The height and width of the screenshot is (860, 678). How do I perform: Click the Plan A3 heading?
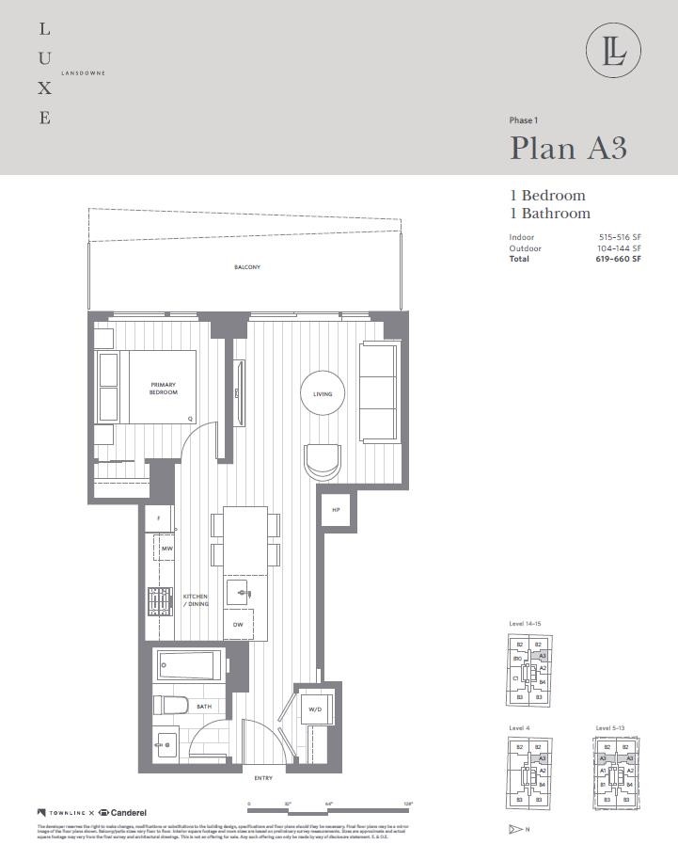point(568,148)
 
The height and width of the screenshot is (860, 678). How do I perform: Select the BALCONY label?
point(247,268)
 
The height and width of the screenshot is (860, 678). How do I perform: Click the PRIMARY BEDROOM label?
point(164,389)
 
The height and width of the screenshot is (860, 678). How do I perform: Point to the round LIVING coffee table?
point(323,394)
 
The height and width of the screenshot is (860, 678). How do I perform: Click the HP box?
point(336,510)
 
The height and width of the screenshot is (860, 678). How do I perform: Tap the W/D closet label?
point(314,710)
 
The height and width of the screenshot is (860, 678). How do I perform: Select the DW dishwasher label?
point(237,625)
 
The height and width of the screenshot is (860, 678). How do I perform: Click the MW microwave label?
point(167,549)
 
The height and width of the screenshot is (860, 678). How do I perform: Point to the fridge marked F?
point(159,518)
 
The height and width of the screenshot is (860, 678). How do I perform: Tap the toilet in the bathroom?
point(171,706)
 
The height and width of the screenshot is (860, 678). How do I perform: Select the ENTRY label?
point(263,778)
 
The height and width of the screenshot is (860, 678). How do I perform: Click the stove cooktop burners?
point(161,600)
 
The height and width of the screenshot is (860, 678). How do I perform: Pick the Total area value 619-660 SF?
point(619,259)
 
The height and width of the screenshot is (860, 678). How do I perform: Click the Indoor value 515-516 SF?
point(620,237)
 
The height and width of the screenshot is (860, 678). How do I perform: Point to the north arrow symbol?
point(515,829)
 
